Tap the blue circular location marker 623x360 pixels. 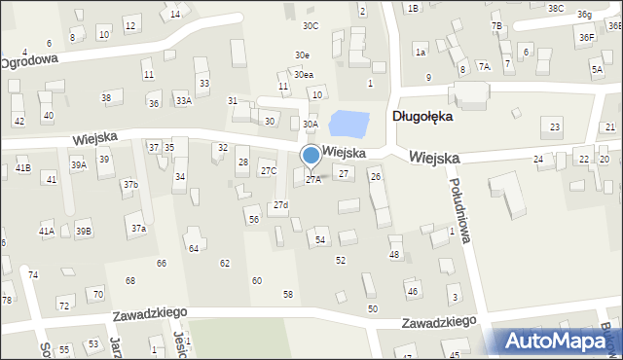click(x=311, y=155)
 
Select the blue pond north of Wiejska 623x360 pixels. click(x=349, y=124)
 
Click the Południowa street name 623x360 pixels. click(x=461, y=209)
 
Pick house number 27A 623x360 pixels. click(x=313, y=179)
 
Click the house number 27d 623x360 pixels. click(x=280, y=204)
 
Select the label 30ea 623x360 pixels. click(x=304, y=74)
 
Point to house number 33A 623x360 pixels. click(x=182, y=100)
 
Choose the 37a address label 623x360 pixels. click(x=139, y=228)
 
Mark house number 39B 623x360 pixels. click(x=84, y=231)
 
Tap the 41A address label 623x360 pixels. click(x=46, y=231)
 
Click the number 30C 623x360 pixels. click(x=311, y=25)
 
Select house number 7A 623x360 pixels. click(x=484, y=67)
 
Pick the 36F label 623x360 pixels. click(x=586, y=37)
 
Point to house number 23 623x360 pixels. click(x=555, y=127)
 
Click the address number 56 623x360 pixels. click(x=253, y=220)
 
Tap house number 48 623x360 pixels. click(x=394, y=254)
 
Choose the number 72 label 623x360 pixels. click(x=63, y=306)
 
